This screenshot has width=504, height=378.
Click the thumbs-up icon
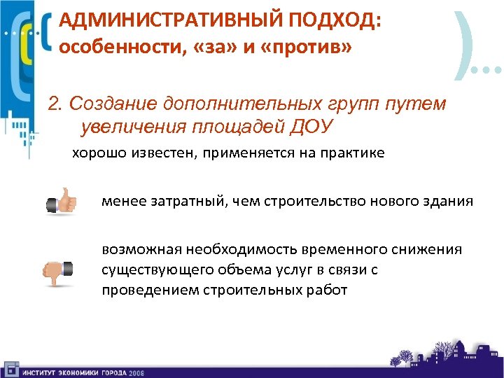coord(62,202)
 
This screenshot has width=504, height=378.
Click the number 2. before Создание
coord(55,104)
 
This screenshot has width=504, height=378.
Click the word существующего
coord(155,269)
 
